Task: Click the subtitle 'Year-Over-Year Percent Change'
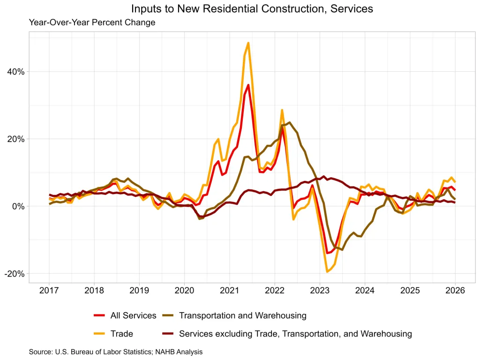(92, 22)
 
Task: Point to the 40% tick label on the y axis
(15, 72)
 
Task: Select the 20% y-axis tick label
(15, 139)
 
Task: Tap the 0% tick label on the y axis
(17, 207)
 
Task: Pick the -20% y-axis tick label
(14, 274)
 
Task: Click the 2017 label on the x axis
(49, 291)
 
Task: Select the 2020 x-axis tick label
(184, 291)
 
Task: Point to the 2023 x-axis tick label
(320, 291)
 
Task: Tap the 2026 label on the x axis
(455, 291)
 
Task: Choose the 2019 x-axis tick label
(139, 291)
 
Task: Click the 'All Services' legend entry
(133, 315)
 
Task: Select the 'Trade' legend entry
(121, 334)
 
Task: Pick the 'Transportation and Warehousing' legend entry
(242, 315)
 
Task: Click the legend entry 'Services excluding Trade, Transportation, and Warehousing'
(295, 334)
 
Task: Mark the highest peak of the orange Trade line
(248, 43)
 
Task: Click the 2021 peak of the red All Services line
(248, 85)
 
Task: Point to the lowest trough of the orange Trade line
(327, 271)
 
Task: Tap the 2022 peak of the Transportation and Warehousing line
(290, 123)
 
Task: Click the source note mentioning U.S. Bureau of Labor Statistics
(116, 352)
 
